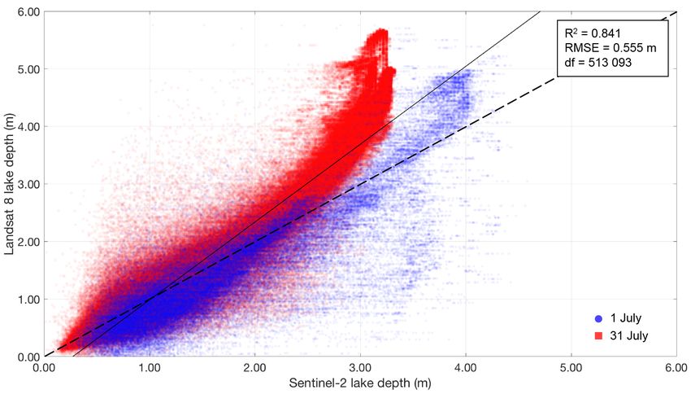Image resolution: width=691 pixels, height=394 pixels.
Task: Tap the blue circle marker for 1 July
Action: (598, 317)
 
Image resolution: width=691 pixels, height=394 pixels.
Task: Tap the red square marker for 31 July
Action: (598, 335)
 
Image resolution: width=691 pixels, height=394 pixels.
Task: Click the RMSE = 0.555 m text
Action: (610, 49)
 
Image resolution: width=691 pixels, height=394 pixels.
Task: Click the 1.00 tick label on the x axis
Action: (149, 367)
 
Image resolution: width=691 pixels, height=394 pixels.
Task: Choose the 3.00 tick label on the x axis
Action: (360, 367)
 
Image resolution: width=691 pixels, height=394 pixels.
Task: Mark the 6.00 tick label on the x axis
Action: (676, 367)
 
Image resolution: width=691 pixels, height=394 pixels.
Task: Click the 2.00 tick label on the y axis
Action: (27, 242)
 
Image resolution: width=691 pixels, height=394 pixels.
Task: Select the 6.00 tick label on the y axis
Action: (27, 11)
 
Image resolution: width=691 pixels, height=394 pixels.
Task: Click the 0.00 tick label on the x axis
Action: (44, 367)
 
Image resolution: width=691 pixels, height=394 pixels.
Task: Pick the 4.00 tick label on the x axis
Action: (465, 367)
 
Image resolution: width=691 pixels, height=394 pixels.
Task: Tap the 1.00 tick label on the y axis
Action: (27, 299)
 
